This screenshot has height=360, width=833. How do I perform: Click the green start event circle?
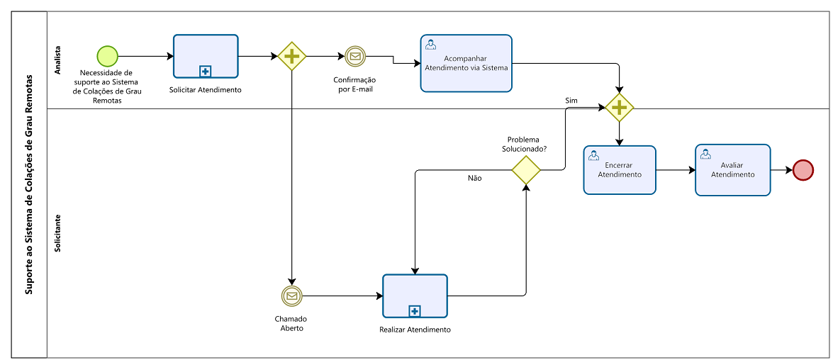click(x=107, y=55)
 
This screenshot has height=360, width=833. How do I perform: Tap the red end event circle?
click(x=803, y=170)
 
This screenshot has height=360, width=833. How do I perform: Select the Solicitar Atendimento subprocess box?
click(x=206, y=56)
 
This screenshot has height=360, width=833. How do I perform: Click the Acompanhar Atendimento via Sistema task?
click(x=466, y=63)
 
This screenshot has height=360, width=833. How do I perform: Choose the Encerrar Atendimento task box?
click(x=620, y=170)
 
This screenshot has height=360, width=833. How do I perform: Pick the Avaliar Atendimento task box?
click(x=732, y=170)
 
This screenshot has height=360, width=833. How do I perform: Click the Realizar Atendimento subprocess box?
click(x=415, y=296)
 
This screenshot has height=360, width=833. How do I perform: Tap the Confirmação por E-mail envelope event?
click(x=355, y=56)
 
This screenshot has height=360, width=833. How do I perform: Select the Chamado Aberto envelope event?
click(x=291, y=296)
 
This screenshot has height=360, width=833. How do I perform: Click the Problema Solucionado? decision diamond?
click(x=526, y=170)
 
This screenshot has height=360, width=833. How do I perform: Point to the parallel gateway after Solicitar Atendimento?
click(x=291, y=56)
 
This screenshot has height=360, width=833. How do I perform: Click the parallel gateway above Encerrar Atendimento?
click(x=620, y=107)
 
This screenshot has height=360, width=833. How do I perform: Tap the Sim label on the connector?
click(x=571, y=100)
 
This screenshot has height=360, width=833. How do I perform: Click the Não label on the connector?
click(x=475, y=178)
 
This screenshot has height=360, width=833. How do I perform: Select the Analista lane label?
click(x=58, y=60)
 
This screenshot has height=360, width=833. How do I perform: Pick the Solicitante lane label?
click(x=58, y=232)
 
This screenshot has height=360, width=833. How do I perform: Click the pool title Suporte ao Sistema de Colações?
click(x=28, y=184)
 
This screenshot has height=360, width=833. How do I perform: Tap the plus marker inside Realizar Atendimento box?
click(x=415, y=310)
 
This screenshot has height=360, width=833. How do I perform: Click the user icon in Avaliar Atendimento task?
click(x=705, y=154)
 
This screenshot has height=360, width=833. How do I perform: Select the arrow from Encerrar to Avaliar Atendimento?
click(x=676, y=170)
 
